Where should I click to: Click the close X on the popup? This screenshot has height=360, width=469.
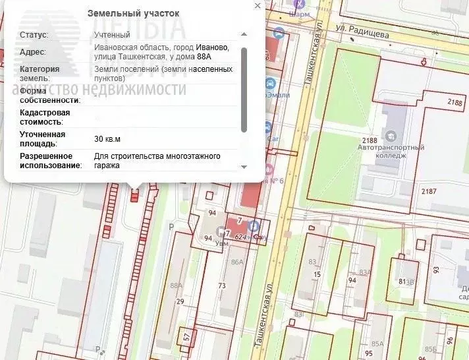[x=258, y=6]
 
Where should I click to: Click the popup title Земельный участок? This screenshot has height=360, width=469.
[x=133, y=13]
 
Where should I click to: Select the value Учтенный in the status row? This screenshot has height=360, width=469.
[x=112, y=35]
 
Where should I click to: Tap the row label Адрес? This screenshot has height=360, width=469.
[x=33, y=52]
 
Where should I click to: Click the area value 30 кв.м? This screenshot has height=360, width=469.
[x=107, y=139]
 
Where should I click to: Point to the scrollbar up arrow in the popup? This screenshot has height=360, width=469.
[x=244, y=34]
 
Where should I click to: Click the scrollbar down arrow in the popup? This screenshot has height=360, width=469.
[x=244, y=167]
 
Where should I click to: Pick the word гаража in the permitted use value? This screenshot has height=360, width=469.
[x=107, y=165]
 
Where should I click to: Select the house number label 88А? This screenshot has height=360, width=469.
[x=176, y=285]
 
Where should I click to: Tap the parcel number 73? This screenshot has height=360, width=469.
[x=222, y=285]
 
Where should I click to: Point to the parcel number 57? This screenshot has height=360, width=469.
[x=187, y=338]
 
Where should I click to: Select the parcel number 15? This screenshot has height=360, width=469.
[x=317, y=274]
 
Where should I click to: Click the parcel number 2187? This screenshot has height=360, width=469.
[x=428, y=191]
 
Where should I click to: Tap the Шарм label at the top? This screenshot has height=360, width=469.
[x=300, y=14]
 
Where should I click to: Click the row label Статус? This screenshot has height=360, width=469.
[x=34, y=35]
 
